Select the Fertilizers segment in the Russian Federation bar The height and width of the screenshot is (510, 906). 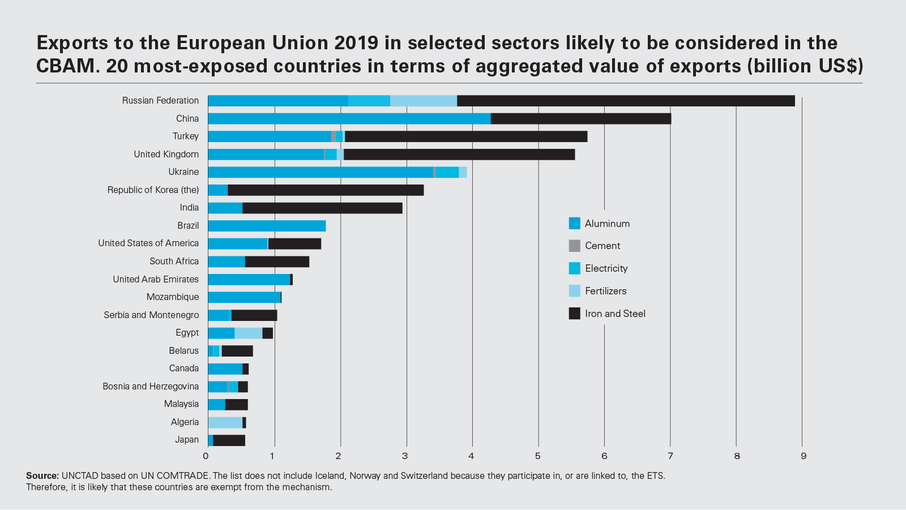[x=424, y=101]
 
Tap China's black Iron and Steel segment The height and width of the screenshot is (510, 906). [x=580, y=119]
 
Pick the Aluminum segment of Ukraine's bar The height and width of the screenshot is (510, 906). [x=320, y=172]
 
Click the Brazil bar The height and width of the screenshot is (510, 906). [x=267, y=226]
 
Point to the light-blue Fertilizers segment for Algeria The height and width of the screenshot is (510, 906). [x=225, y=422]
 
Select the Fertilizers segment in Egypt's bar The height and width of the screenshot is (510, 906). [x=248, y=333]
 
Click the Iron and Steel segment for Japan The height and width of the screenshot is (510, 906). [x=229, y=440]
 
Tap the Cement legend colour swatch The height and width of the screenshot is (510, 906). [x=574, y=246]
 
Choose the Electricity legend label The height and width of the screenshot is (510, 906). [x=606, y=268]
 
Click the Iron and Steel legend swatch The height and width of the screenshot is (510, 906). [x=574, y=314]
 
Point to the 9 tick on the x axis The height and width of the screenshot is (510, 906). [x=803, y=456]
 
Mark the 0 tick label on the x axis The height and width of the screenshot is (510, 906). [x=206, y=456]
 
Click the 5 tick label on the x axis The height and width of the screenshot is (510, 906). [x=538, y=456]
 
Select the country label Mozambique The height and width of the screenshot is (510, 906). [x=173, y=297]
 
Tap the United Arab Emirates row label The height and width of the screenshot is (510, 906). [x=156, y=279]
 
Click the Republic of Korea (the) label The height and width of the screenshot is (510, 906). [x=153, y=190]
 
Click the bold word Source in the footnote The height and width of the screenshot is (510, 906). [x=42, y=476]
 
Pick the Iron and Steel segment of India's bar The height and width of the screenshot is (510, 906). [x=322, y=208]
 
